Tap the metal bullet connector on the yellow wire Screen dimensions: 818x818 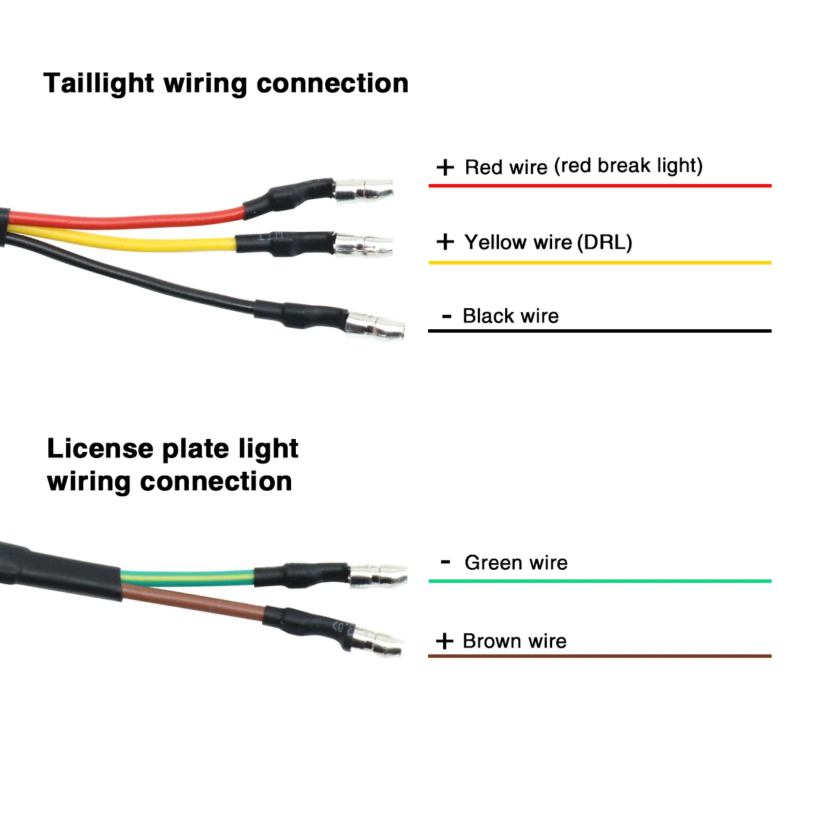tap(364, 245)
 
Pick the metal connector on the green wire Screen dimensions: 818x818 tap(378, 576)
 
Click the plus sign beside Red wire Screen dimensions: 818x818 tap(445, 167)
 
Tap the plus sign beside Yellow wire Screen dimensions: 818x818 tap(445, 241)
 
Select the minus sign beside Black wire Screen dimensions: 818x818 tap(446, 316)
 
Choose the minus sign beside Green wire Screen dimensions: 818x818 tap(446, 562)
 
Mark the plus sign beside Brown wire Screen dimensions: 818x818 tap(444, 641)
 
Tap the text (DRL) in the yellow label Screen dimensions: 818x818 tap(605, 242)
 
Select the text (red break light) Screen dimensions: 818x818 tap(628, 166)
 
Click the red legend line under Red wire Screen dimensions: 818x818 tap(600, 185)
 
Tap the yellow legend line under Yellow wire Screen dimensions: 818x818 tap(600, 262)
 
